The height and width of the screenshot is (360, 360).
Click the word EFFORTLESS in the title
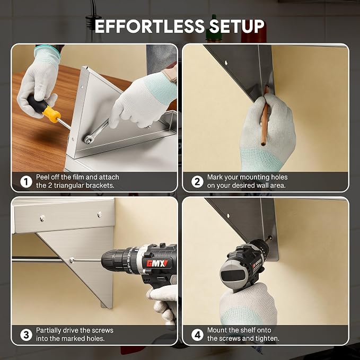click(x=150, y=26)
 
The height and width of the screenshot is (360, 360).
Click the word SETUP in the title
click(x=236, y=26)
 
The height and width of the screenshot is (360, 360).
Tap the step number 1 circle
click(x=26, y=182)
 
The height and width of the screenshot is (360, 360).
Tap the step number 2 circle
click(x=197, y=182)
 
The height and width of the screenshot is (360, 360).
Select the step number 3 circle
click(x=26, y=335)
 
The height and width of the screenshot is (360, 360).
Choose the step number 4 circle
click(x=197, y=335)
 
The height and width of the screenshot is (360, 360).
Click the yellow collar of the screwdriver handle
click(x=52, y=114)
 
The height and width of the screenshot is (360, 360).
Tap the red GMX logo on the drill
click(x=157, y=263)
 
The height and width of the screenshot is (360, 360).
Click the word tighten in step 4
click(x=267, y=339)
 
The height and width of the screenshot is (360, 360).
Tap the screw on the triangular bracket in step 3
click(x=72, y=260)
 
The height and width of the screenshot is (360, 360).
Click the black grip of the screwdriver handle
click(x=37, y=104)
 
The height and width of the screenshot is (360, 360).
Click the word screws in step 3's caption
click(x=103, y=331)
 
